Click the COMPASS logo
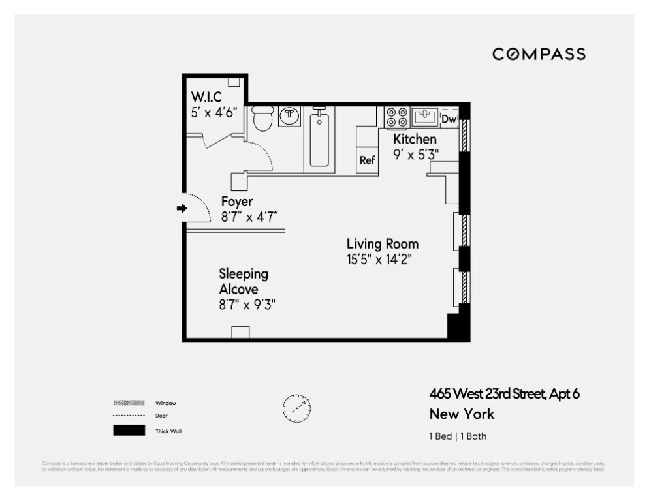(x=539, y=54)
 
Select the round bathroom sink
(x=289, y=116)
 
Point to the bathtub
(x=319, y=138)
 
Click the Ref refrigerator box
(x=367, y=160)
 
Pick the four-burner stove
(x=396, y=117)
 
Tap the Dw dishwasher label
(x=449, y=119)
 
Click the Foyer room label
(x=236, y=202)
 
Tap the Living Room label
(x=382, y=244)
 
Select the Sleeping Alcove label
(x=243, y=281)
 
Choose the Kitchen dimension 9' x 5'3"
(x=416, y=154)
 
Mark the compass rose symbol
(x=296, y=408)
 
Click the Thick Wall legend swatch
(x=129, y=431)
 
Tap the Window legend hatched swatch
(x=129, y=403)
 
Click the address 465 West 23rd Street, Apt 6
(x=504, y=393)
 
